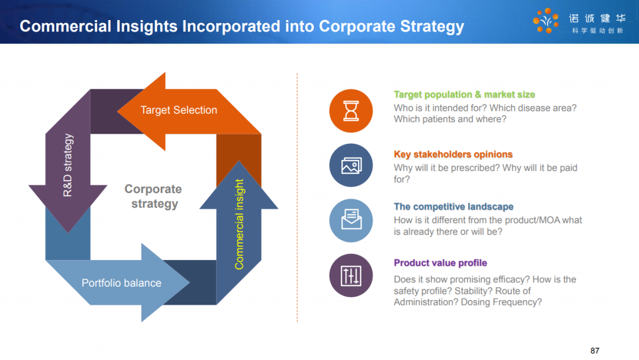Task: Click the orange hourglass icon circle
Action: click(x=351, y=111)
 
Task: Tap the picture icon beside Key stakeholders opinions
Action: click(x=351, y=165)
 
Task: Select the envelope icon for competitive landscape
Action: click(x=351, y=220)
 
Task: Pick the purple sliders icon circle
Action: click(x=351, y=275)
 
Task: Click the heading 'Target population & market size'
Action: click(x=464, y=95)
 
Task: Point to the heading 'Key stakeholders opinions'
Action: click(x=453, y=155)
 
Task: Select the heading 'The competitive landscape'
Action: click(x=454, y=207)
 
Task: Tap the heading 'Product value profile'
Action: click(x=440, y=263)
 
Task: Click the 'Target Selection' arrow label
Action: click(x=179, y=110)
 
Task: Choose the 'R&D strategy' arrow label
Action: click(x=67, y=165)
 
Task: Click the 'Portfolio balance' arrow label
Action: click(x=121, y=283)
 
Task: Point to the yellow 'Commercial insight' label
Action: click(x=239, y=224)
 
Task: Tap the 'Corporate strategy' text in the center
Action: click(x=153, y=196)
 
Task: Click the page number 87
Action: click(x=595, y=351)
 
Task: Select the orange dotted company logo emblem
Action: click(x=546, y=20)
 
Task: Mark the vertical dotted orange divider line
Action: click(x=297, y=198)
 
